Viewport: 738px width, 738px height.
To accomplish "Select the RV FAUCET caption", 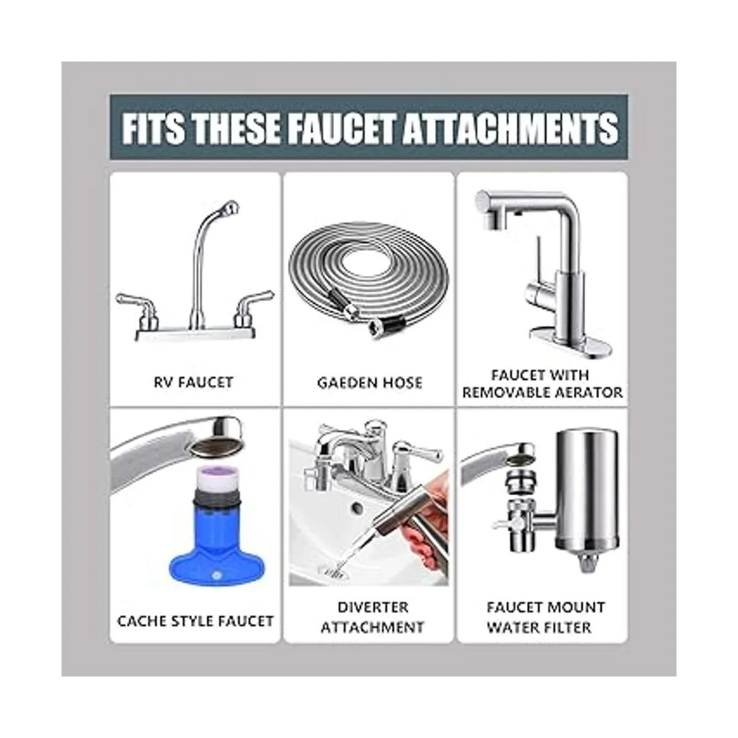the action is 193,382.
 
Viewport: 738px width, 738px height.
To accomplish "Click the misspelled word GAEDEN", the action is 344,383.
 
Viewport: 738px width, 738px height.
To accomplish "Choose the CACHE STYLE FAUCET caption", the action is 196,621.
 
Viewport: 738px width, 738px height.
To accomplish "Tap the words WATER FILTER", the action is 539,627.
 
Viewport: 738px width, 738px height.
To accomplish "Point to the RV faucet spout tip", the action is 231,208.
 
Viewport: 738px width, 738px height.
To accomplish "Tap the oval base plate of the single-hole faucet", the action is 571,346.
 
